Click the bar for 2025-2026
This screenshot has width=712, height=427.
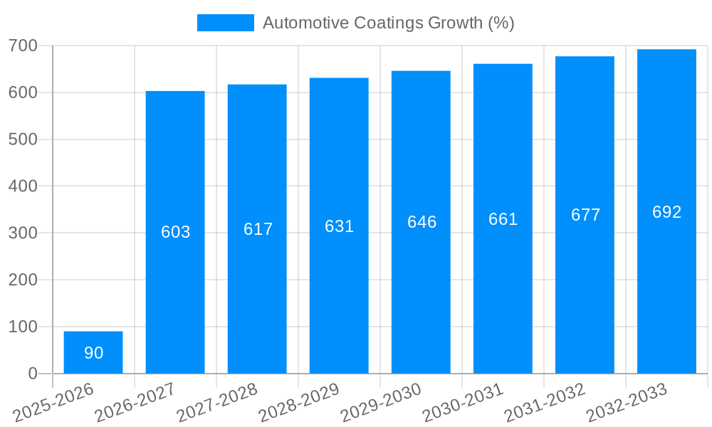tap(93, 352)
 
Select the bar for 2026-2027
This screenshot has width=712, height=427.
tap(175, 232)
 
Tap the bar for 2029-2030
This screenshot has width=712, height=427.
tap(421, 222)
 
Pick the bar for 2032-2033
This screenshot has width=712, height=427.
tap(666, 211)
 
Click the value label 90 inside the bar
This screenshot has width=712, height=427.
tap(93, 353)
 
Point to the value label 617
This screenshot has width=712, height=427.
tap(258, 229)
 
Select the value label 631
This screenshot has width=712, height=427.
tap(339, 226)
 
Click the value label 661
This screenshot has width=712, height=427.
tap(503, 219)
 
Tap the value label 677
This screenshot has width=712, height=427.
tap(585, 215)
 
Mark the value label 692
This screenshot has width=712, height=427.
tap(666, 212)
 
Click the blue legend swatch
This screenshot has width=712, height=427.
tap(225, 23)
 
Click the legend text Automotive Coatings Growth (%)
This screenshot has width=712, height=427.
tap(388, 23)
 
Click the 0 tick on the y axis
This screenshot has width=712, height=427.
tap(33, 374)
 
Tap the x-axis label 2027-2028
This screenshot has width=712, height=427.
tap(217, 403)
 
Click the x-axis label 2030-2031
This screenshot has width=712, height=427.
tap(463, 403)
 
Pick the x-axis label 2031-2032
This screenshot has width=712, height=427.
tap(545, 403)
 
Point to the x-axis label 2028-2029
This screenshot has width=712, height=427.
tap(299, 403)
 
